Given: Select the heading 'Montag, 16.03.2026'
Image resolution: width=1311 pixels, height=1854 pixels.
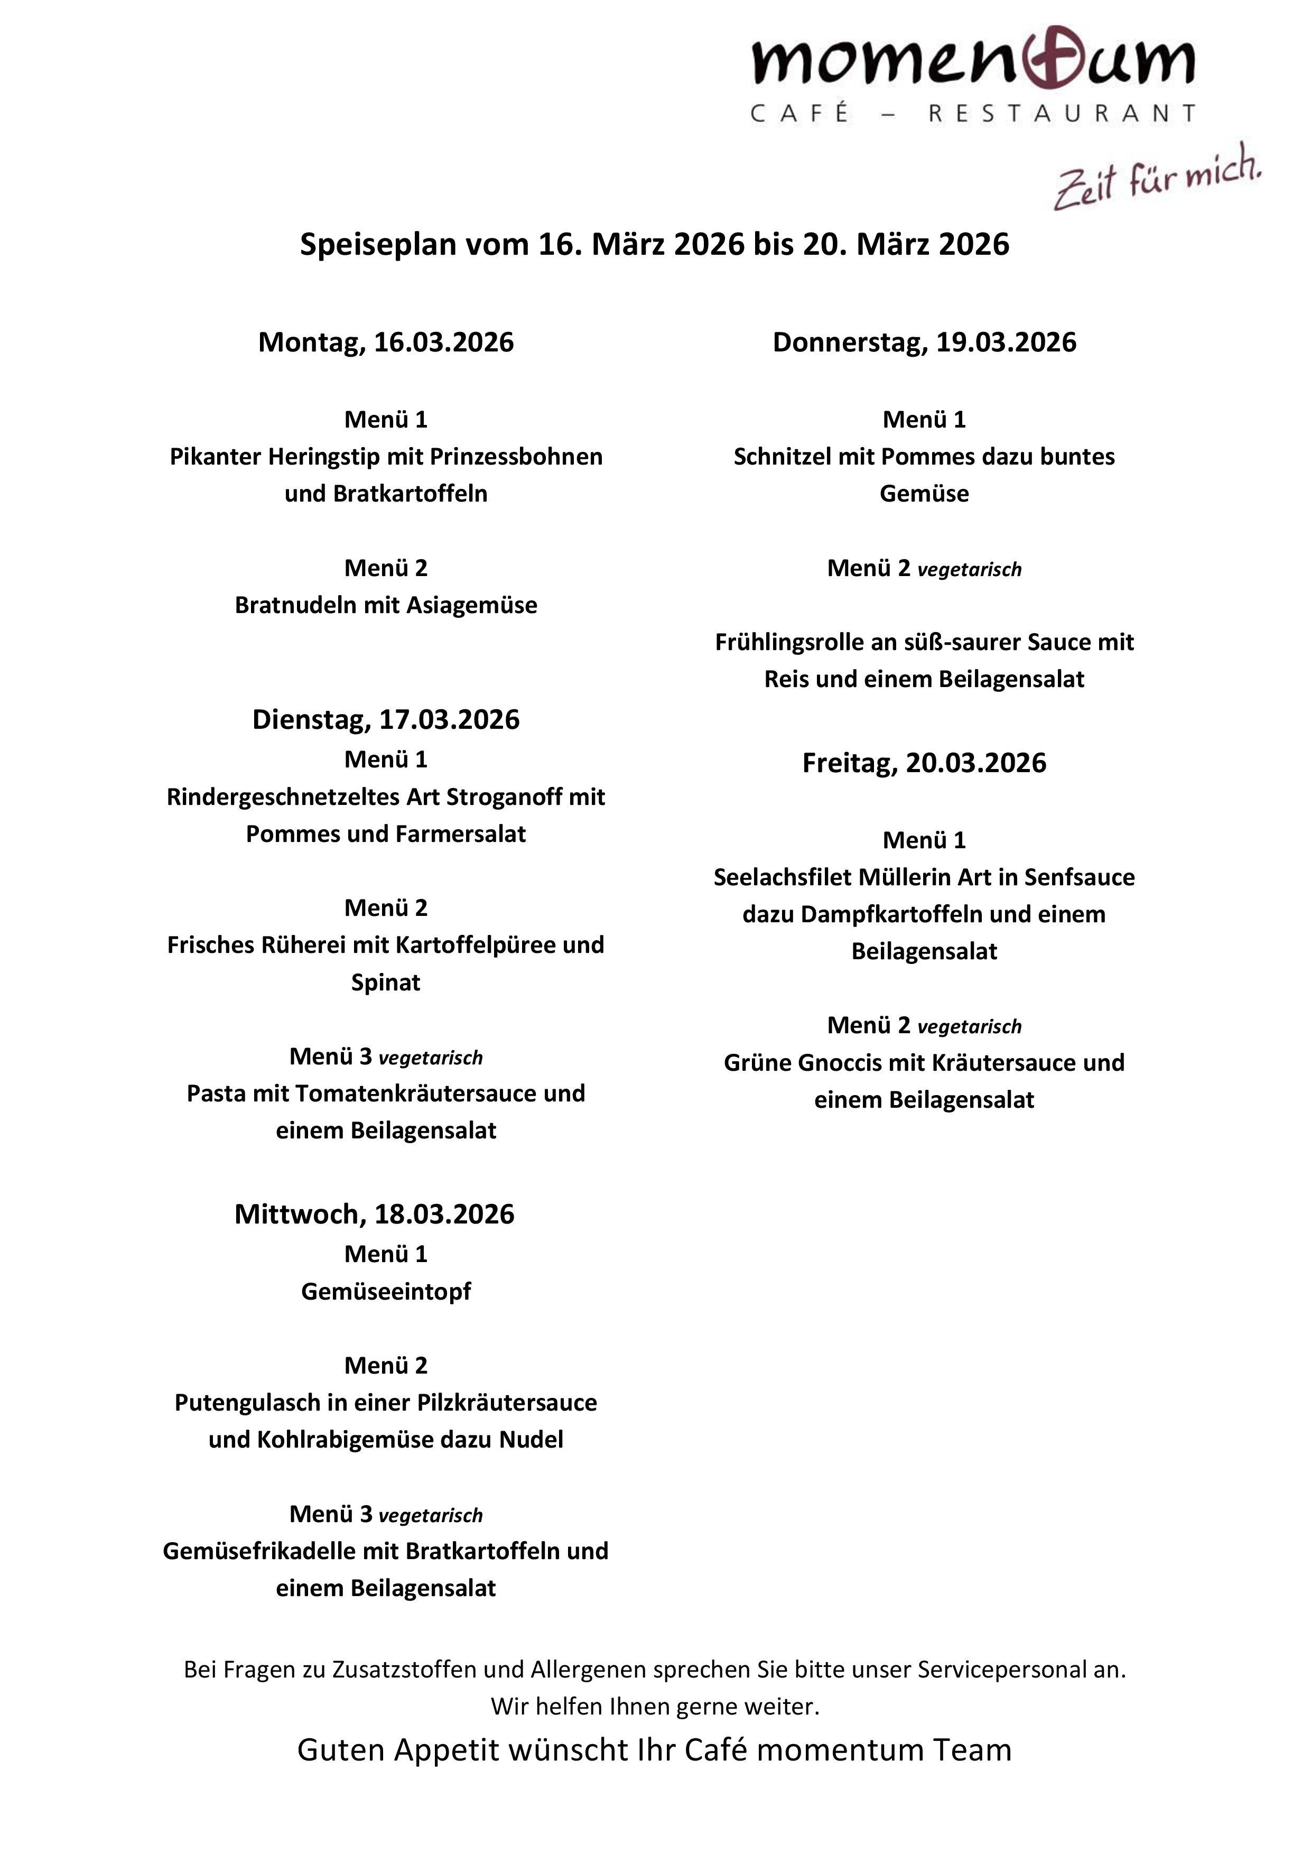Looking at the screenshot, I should (x=386, y=342).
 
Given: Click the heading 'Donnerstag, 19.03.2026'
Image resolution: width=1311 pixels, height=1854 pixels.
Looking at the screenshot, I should (x=924, y=342).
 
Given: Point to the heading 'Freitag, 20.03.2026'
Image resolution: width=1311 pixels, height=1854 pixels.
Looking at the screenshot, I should (x=924, y=763).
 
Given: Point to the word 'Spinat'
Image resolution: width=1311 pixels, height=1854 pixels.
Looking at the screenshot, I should (x=386, y=982).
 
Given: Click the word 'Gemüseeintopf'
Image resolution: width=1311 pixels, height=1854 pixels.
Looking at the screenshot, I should (x=386, y=1292).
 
